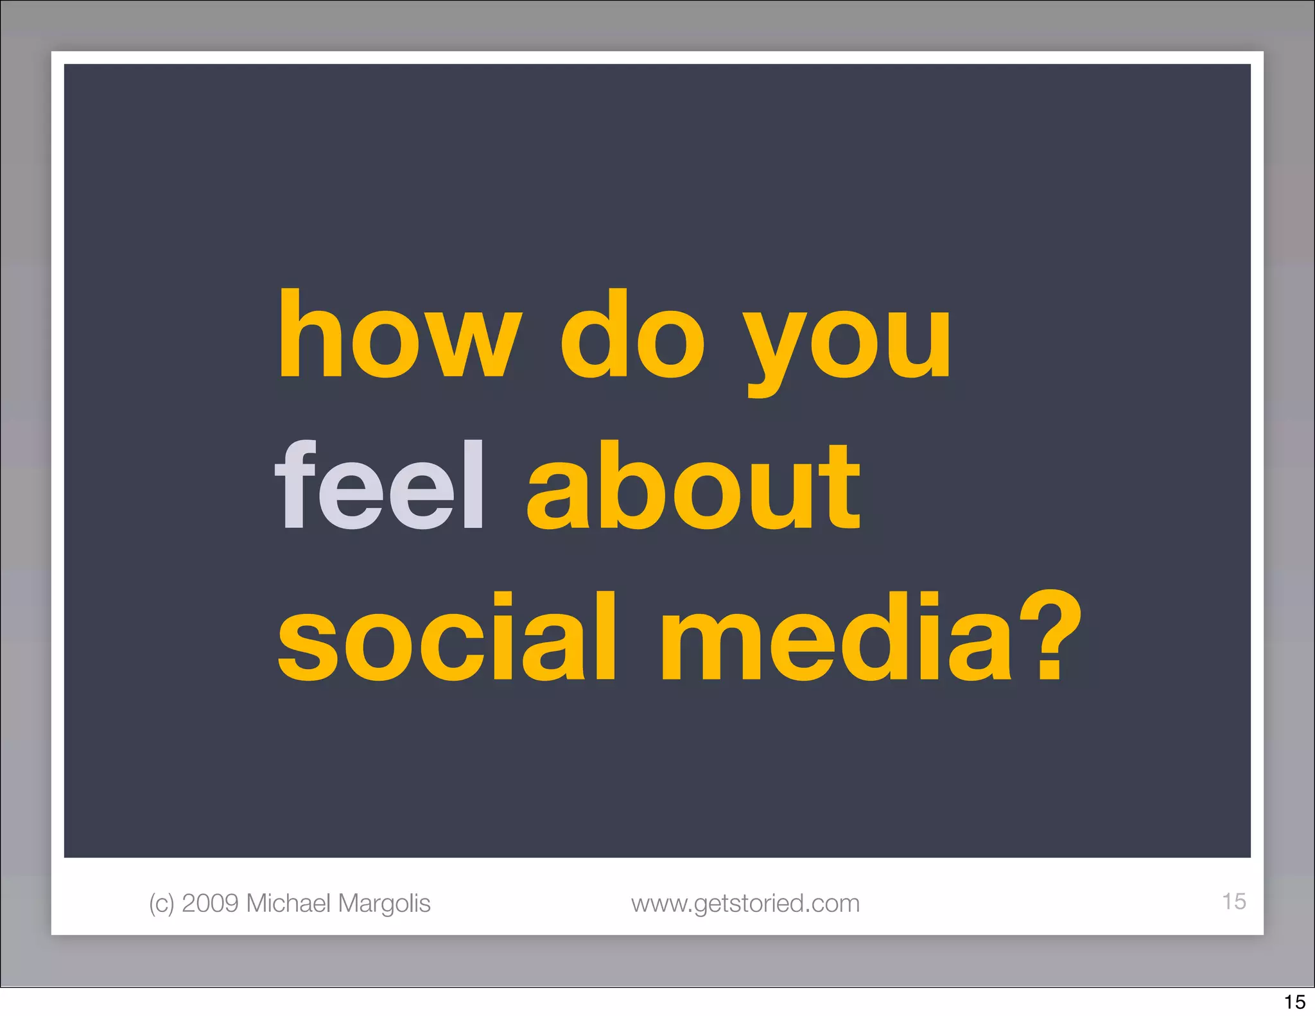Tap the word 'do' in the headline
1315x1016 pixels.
coord(632,334)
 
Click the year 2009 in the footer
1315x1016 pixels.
coord(210,903)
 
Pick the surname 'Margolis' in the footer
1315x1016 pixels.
coord(384,904)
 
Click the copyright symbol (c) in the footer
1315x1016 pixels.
coord(161,904)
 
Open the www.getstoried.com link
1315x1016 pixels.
coord(745,904)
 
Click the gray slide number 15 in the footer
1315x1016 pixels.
coord(1233,901)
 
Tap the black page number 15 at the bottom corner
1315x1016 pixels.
coord(1294,1002)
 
